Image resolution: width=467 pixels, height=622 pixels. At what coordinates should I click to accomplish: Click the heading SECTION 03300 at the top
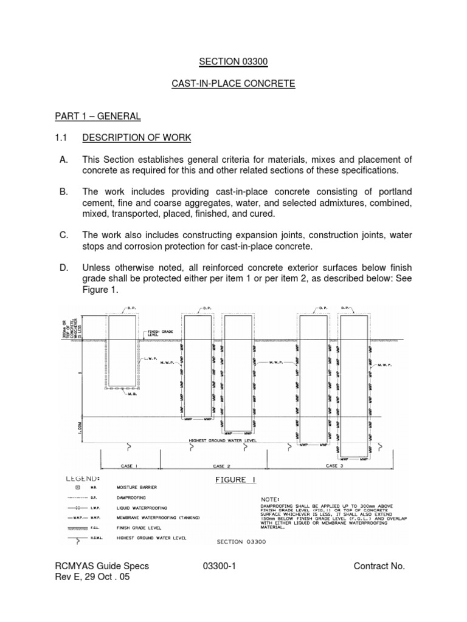point(233,61)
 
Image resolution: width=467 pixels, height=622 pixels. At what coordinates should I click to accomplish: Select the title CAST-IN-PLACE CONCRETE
point(233,84)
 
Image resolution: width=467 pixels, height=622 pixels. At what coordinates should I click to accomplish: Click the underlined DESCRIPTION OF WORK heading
point(137,138)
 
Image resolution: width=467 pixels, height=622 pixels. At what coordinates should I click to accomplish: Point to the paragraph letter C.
point(63,234)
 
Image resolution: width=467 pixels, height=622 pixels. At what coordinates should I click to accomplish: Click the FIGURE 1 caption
point(233,480)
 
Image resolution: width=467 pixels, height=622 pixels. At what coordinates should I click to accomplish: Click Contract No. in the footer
point(379,566)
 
